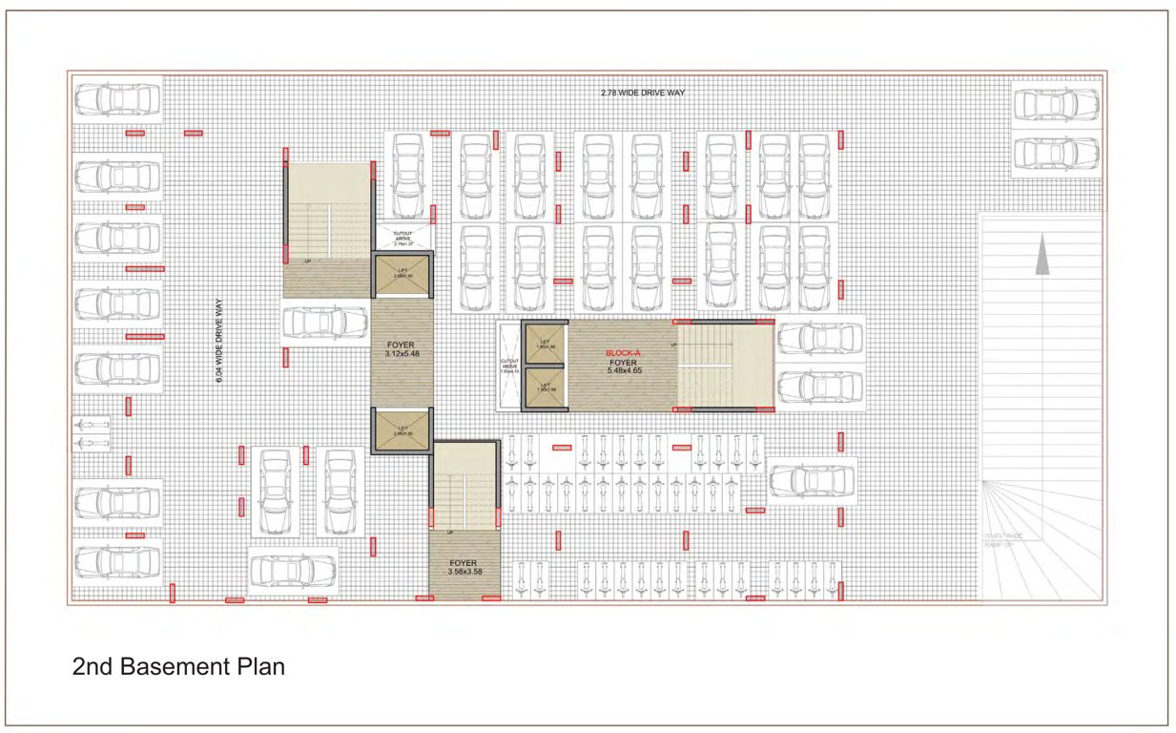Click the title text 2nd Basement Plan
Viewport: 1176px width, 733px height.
tap(178, 666)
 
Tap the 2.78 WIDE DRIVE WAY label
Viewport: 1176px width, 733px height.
tap(643, 93)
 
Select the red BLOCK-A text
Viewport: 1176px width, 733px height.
tap(623, 353)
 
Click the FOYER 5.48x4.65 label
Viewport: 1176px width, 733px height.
tap(623, 366)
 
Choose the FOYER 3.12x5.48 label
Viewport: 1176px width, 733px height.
tap(400, 348)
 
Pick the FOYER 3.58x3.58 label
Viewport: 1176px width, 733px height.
tap(464, 567)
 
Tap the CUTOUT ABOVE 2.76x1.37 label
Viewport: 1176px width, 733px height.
tap(402, 238)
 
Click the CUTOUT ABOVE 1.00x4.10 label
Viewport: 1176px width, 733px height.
tap(509, 366)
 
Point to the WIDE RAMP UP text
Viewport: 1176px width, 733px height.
tap(1003, 541)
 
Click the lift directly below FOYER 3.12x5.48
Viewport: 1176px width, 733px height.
tap(402, 431)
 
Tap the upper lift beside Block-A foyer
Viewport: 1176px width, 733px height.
tap(546, 345)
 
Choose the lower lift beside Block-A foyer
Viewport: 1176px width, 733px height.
tap(546, 388)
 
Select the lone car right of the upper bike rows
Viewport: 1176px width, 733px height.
tap(812, 480)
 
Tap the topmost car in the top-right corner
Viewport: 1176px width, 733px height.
tap(1055, 104)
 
